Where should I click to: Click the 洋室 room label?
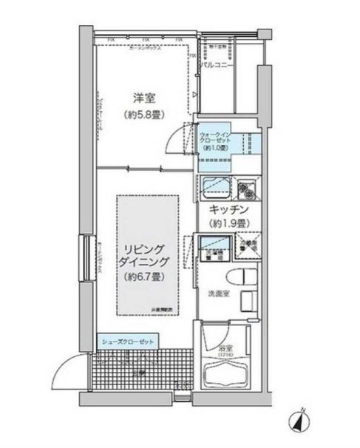point(143,98)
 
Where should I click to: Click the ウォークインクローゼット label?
point(216,138)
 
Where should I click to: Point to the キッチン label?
point(226,210)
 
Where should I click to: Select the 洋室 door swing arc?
point(176,137)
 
